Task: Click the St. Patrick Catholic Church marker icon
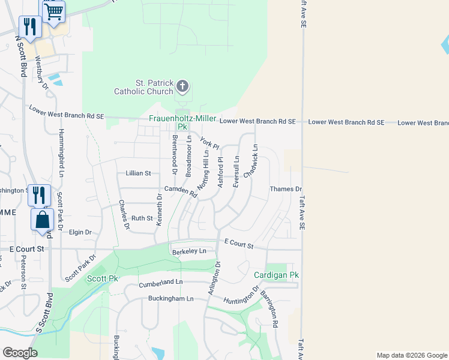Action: tap(182, 88)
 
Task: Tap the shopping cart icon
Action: tap(54, 11)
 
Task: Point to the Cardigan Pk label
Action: tap(276, 275)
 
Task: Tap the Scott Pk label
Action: tap(102, 278)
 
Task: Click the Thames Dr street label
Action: tap(286, 189)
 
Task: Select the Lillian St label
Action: tap(137, 173)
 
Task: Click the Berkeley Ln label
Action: tap(189, 251)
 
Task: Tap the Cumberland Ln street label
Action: tap(161, 282)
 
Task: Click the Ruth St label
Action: tap(143, 218)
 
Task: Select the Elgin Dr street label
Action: tap(80, 232)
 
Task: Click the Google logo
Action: tap(19, 353)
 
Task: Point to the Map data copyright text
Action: tap(412, 355)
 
